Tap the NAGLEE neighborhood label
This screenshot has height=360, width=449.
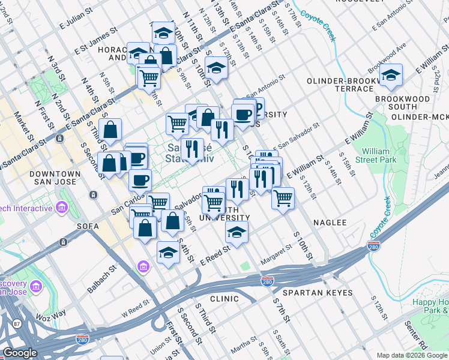tap(330, 223)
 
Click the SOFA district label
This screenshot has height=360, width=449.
tap(87, 226)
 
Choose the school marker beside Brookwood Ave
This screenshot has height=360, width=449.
tap(391, 75)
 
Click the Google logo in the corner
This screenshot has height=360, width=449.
tap(20, 353)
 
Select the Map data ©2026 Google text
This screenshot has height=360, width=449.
tap(411, 355)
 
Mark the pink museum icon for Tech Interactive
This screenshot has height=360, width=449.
tap(61, 208)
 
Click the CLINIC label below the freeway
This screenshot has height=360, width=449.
tap(224, 298)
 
